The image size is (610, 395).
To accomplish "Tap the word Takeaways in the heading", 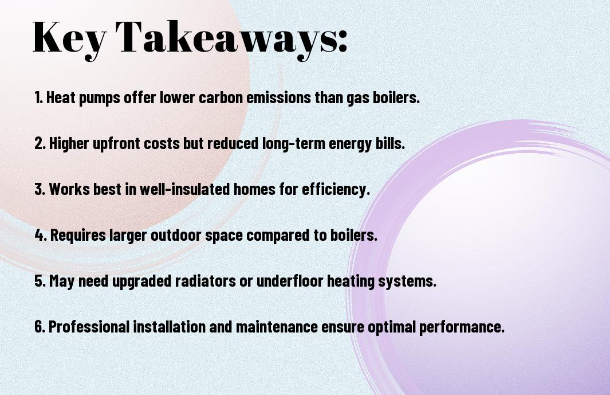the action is click(226, 38).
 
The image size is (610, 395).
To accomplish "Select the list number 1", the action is click(38, 97).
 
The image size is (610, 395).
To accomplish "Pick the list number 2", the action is click(40, 143).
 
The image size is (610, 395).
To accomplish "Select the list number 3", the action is click(40, 189).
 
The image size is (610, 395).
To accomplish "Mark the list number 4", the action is click(41, 235).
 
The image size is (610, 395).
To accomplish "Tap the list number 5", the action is click(40, 281).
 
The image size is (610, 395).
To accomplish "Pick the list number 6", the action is click(40, 326).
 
